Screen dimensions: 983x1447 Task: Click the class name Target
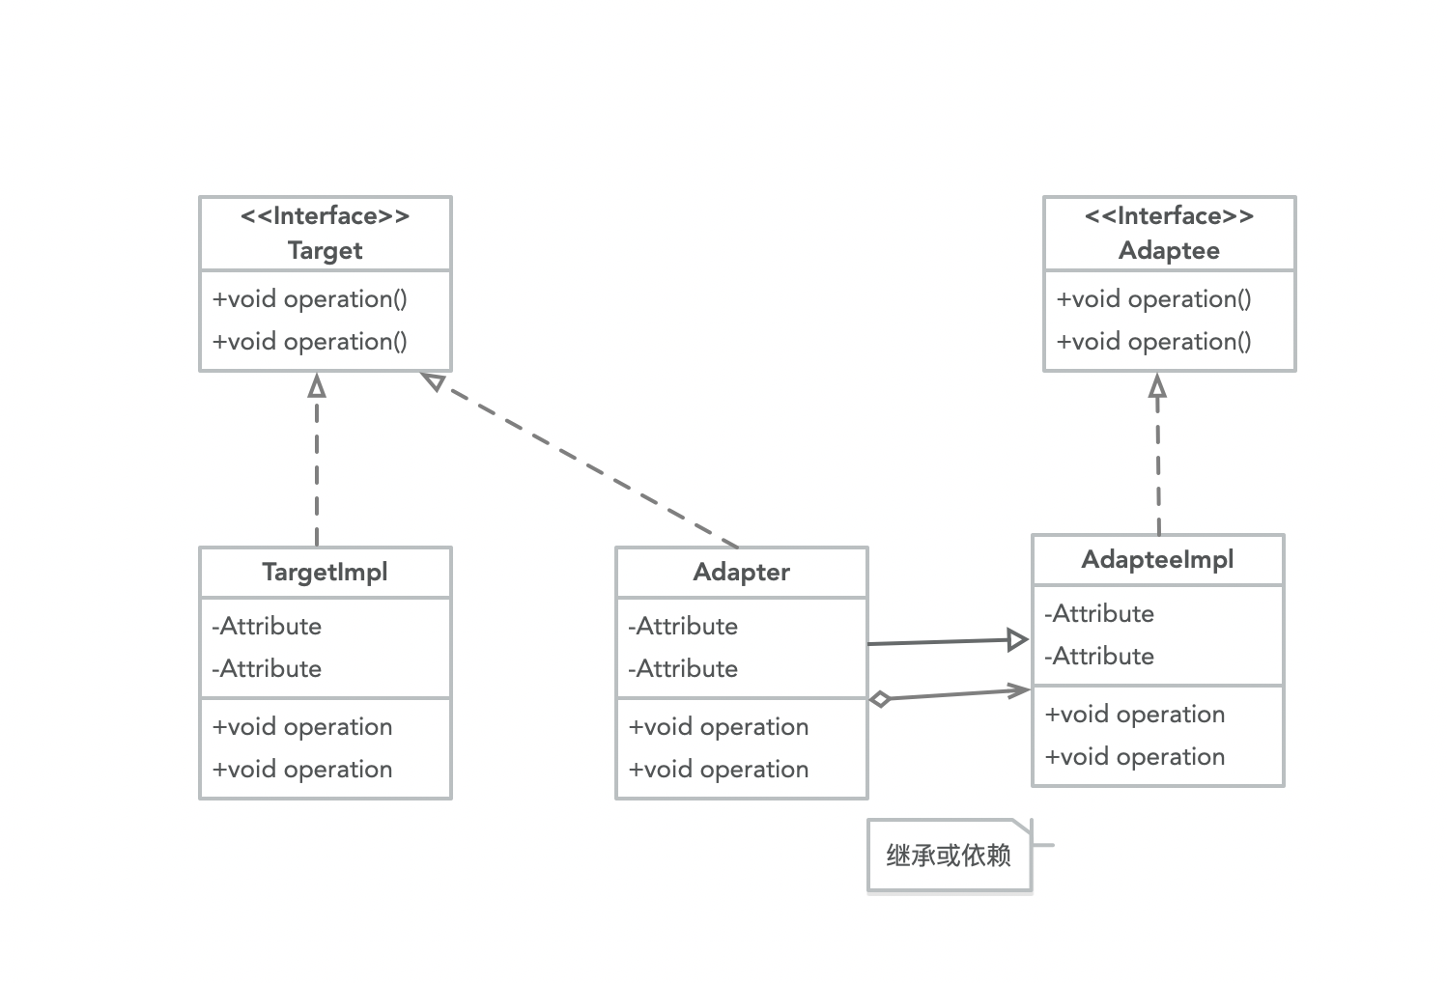pyautogui.click(x=325, y=251)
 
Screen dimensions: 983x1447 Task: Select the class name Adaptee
pyautogui.click(x=1169, y=251)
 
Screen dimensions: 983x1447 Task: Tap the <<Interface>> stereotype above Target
pyautogui.click(x=325, y=216)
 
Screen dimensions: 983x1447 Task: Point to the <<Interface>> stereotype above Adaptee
pyautogui.click(x=1169, y=216)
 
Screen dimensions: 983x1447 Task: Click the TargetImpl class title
pyautogui.click(x=325, y=572)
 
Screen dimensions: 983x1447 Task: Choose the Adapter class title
pyautogui.click(x=741, y=572)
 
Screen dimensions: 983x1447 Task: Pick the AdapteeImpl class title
pyautogui.click(x=1157, y=560)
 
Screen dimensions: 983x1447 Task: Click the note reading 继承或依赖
pyautogui.click(x=949, y=856)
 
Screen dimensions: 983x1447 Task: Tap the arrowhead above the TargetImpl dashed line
pyautogui.click(x=317, y=386)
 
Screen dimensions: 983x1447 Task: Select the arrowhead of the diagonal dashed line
pyautogui.click(x=434, y=381)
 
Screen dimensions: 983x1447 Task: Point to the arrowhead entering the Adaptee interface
pyautogui.click(x=1157, y=386)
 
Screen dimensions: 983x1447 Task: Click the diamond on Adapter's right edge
pyautogui.click(x=880, y=699)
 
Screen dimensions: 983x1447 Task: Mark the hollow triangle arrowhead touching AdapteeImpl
pyautogui.click(x=1017, y=639)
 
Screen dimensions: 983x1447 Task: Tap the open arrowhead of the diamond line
pyautogui.click(x=1020, y=689)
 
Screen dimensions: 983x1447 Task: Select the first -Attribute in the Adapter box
pyautogui.click(x=683, y=627)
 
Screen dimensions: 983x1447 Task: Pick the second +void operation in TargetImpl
pyautogui.click(x=302, y=770)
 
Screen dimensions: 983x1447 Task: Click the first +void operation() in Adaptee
pyautogui.click(x=1153, y=299)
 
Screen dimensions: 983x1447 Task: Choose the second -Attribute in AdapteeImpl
pyautogui.click(x=1099, y=657)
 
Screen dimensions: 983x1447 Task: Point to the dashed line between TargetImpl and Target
pyautogui.click(x=317, y=473)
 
